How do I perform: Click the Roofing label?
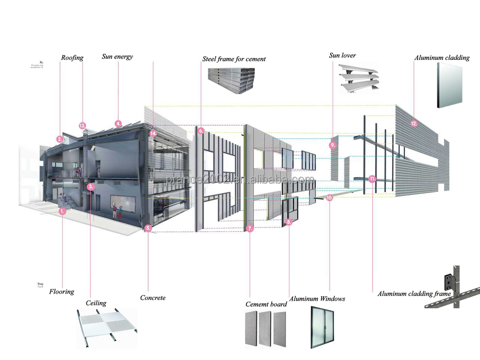72,58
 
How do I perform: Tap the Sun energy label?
117,57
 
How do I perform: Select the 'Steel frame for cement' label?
234,59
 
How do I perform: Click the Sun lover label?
342,55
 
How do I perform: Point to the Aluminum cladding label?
442,58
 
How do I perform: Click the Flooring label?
61,291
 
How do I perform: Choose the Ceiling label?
96,303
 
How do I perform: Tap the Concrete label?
153,298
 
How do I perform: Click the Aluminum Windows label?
317,299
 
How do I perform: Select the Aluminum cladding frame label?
414,293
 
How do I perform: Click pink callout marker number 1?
62,210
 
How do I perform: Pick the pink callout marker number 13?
83,126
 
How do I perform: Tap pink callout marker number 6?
201,131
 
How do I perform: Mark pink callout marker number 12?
414,123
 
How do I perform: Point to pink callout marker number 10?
329,197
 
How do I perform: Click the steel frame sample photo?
232,80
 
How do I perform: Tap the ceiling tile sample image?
106,328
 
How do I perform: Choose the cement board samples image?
267,329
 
